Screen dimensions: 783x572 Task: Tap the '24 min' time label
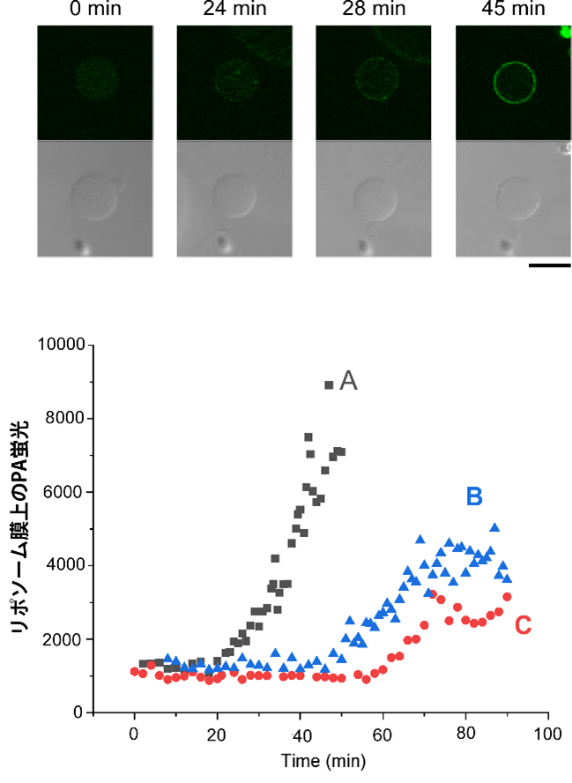point(234,10)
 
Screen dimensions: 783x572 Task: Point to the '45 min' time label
point(514,10)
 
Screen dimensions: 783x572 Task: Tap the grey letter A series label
point(348,380)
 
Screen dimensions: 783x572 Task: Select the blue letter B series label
point(473,497)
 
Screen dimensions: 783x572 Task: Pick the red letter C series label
point(523,625)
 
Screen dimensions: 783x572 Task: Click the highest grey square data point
point(329,384)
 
